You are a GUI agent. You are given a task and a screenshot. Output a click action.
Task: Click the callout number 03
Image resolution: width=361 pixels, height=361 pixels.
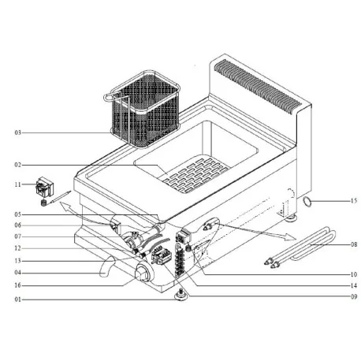pyautogui.click(x=17, y=133)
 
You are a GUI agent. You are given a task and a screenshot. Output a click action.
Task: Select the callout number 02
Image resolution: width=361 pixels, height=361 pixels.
pyautogui.click(x=17, y=164)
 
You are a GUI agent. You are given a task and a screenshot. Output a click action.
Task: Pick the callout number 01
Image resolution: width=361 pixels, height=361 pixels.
pyautogui.click(x=17, y=300)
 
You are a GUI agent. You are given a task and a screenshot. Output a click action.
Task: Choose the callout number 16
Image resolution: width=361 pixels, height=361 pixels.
pyautogui.click(x=17, y=286)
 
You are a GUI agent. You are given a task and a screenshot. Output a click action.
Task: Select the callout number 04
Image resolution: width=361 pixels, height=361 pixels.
pyautogui.click(x=17, y=273)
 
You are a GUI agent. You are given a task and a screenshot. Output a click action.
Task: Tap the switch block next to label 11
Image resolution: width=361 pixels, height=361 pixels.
pyautogui.click(x=43, y=190)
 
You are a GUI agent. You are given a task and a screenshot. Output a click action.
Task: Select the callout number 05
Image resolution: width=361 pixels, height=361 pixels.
pyautogui.click(x=17, y=214)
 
